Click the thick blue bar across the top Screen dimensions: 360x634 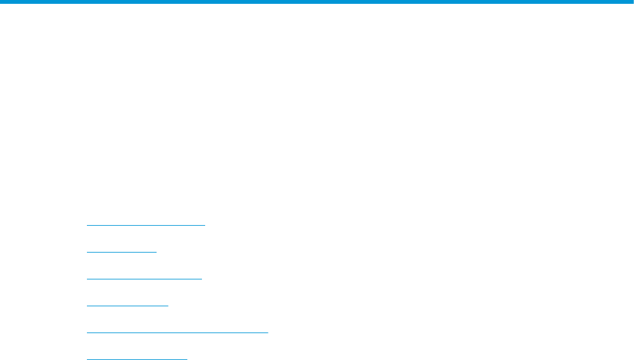pyautogui.click(x=317, y=3)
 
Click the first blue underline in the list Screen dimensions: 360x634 pyautogui.click(x=146, y=225)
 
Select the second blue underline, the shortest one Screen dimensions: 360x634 pyautogui.click(x=121, y=252)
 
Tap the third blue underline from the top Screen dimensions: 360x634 pyautogui.click(x=144, y=279)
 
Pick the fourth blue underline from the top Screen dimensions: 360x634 pyautogui.click(x=127, y=306)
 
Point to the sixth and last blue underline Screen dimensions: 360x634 pyautogui.click(x=137, y=359)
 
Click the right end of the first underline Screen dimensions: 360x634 pyautogui.click(x=205, y=225)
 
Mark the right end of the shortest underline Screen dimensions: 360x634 pyautogui.click(x=156, y=252)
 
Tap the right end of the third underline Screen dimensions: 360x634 pyautogui.click(x=201, y=279)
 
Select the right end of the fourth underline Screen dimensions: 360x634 pyautogui.click(x=168, y=306)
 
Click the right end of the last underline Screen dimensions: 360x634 pyautogui.click(x=187, y=359)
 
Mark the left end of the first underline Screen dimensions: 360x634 pyautogui.click(x=87, y=225)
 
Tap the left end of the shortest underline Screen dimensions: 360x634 pyautogui.click(x=87, y=252)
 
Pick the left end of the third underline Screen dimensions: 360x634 pyautogui.click(x=87, y=279)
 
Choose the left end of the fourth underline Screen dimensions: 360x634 pyautogui.click(x=87, y=306)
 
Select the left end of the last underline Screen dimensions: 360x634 pyautogui.click(x=87, y=359)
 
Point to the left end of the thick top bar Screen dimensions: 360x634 pyautogui.click(x=2, y=3)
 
